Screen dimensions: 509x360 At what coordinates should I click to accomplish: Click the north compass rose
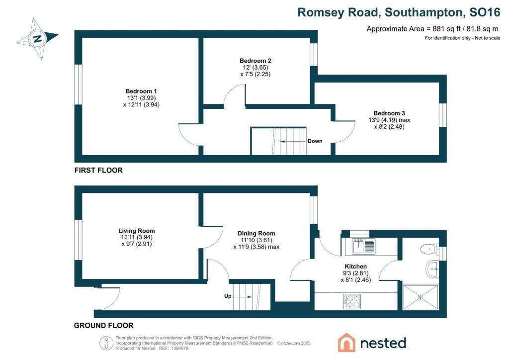tap(38, 39)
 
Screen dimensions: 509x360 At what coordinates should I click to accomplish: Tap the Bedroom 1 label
tap(141, 91)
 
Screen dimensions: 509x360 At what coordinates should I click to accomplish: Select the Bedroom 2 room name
tap(255, 61)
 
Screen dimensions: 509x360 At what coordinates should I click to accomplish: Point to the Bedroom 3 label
tap(389, 113)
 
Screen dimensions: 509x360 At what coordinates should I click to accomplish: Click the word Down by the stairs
tap(315, 141)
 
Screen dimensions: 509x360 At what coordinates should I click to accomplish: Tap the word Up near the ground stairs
tap(228, 296)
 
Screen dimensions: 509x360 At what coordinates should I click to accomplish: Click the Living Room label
tap(136, 231)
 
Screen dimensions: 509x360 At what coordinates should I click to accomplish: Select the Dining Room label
tap(256, 233)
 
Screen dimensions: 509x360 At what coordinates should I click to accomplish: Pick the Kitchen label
tap(355, 267)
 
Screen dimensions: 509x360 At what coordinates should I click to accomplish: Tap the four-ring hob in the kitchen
tap(352, 301)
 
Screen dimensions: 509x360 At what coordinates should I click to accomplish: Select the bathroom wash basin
tap(432, 269)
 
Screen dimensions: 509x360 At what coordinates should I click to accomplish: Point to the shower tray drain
tap(421, 297)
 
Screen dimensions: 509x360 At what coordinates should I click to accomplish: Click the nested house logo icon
tap(346, 343)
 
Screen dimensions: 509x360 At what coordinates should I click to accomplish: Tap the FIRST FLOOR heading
tap(98, 171)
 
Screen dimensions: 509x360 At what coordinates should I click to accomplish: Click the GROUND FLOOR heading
tap(103, 326)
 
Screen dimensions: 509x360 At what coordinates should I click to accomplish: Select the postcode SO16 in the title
tap(485, 12)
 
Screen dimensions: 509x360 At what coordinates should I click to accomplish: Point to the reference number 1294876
tap(179, 348)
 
